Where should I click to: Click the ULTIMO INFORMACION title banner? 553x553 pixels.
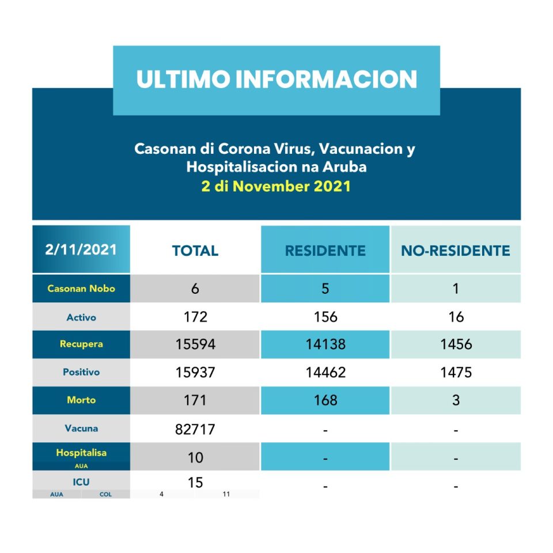[276, 79]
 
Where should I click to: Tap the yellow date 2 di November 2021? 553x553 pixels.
[276, 187]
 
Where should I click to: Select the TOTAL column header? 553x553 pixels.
[195, 251]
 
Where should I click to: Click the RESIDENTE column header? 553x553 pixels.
[325, 251]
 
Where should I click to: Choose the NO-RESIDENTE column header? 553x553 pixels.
[456, 251]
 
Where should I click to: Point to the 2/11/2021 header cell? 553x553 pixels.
[81, 249]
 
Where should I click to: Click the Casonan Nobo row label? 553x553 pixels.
[81, 289]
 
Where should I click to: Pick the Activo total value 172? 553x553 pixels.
[195, 317]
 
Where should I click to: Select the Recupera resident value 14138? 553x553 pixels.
[325, 344]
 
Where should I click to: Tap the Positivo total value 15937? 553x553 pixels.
[195, 373]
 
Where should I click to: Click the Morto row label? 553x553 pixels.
[81, 400]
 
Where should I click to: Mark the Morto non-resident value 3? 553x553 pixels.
[456, 400]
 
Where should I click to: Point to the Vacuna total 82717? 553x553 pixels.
[195, 429]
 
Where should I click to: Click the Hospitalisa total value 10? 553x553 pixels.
[195, 457]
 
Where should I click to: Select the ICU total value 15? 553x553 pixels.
[195, 482]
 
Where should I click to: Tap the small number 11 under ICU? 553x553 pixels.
[226, 494]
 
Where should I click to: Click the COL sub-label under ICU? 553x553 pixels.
[106, 494]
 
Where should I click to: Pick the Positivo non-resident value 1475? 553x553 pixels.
[456, 373]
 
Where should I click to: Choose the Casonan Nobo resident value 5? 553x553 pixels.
[325, 289]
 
